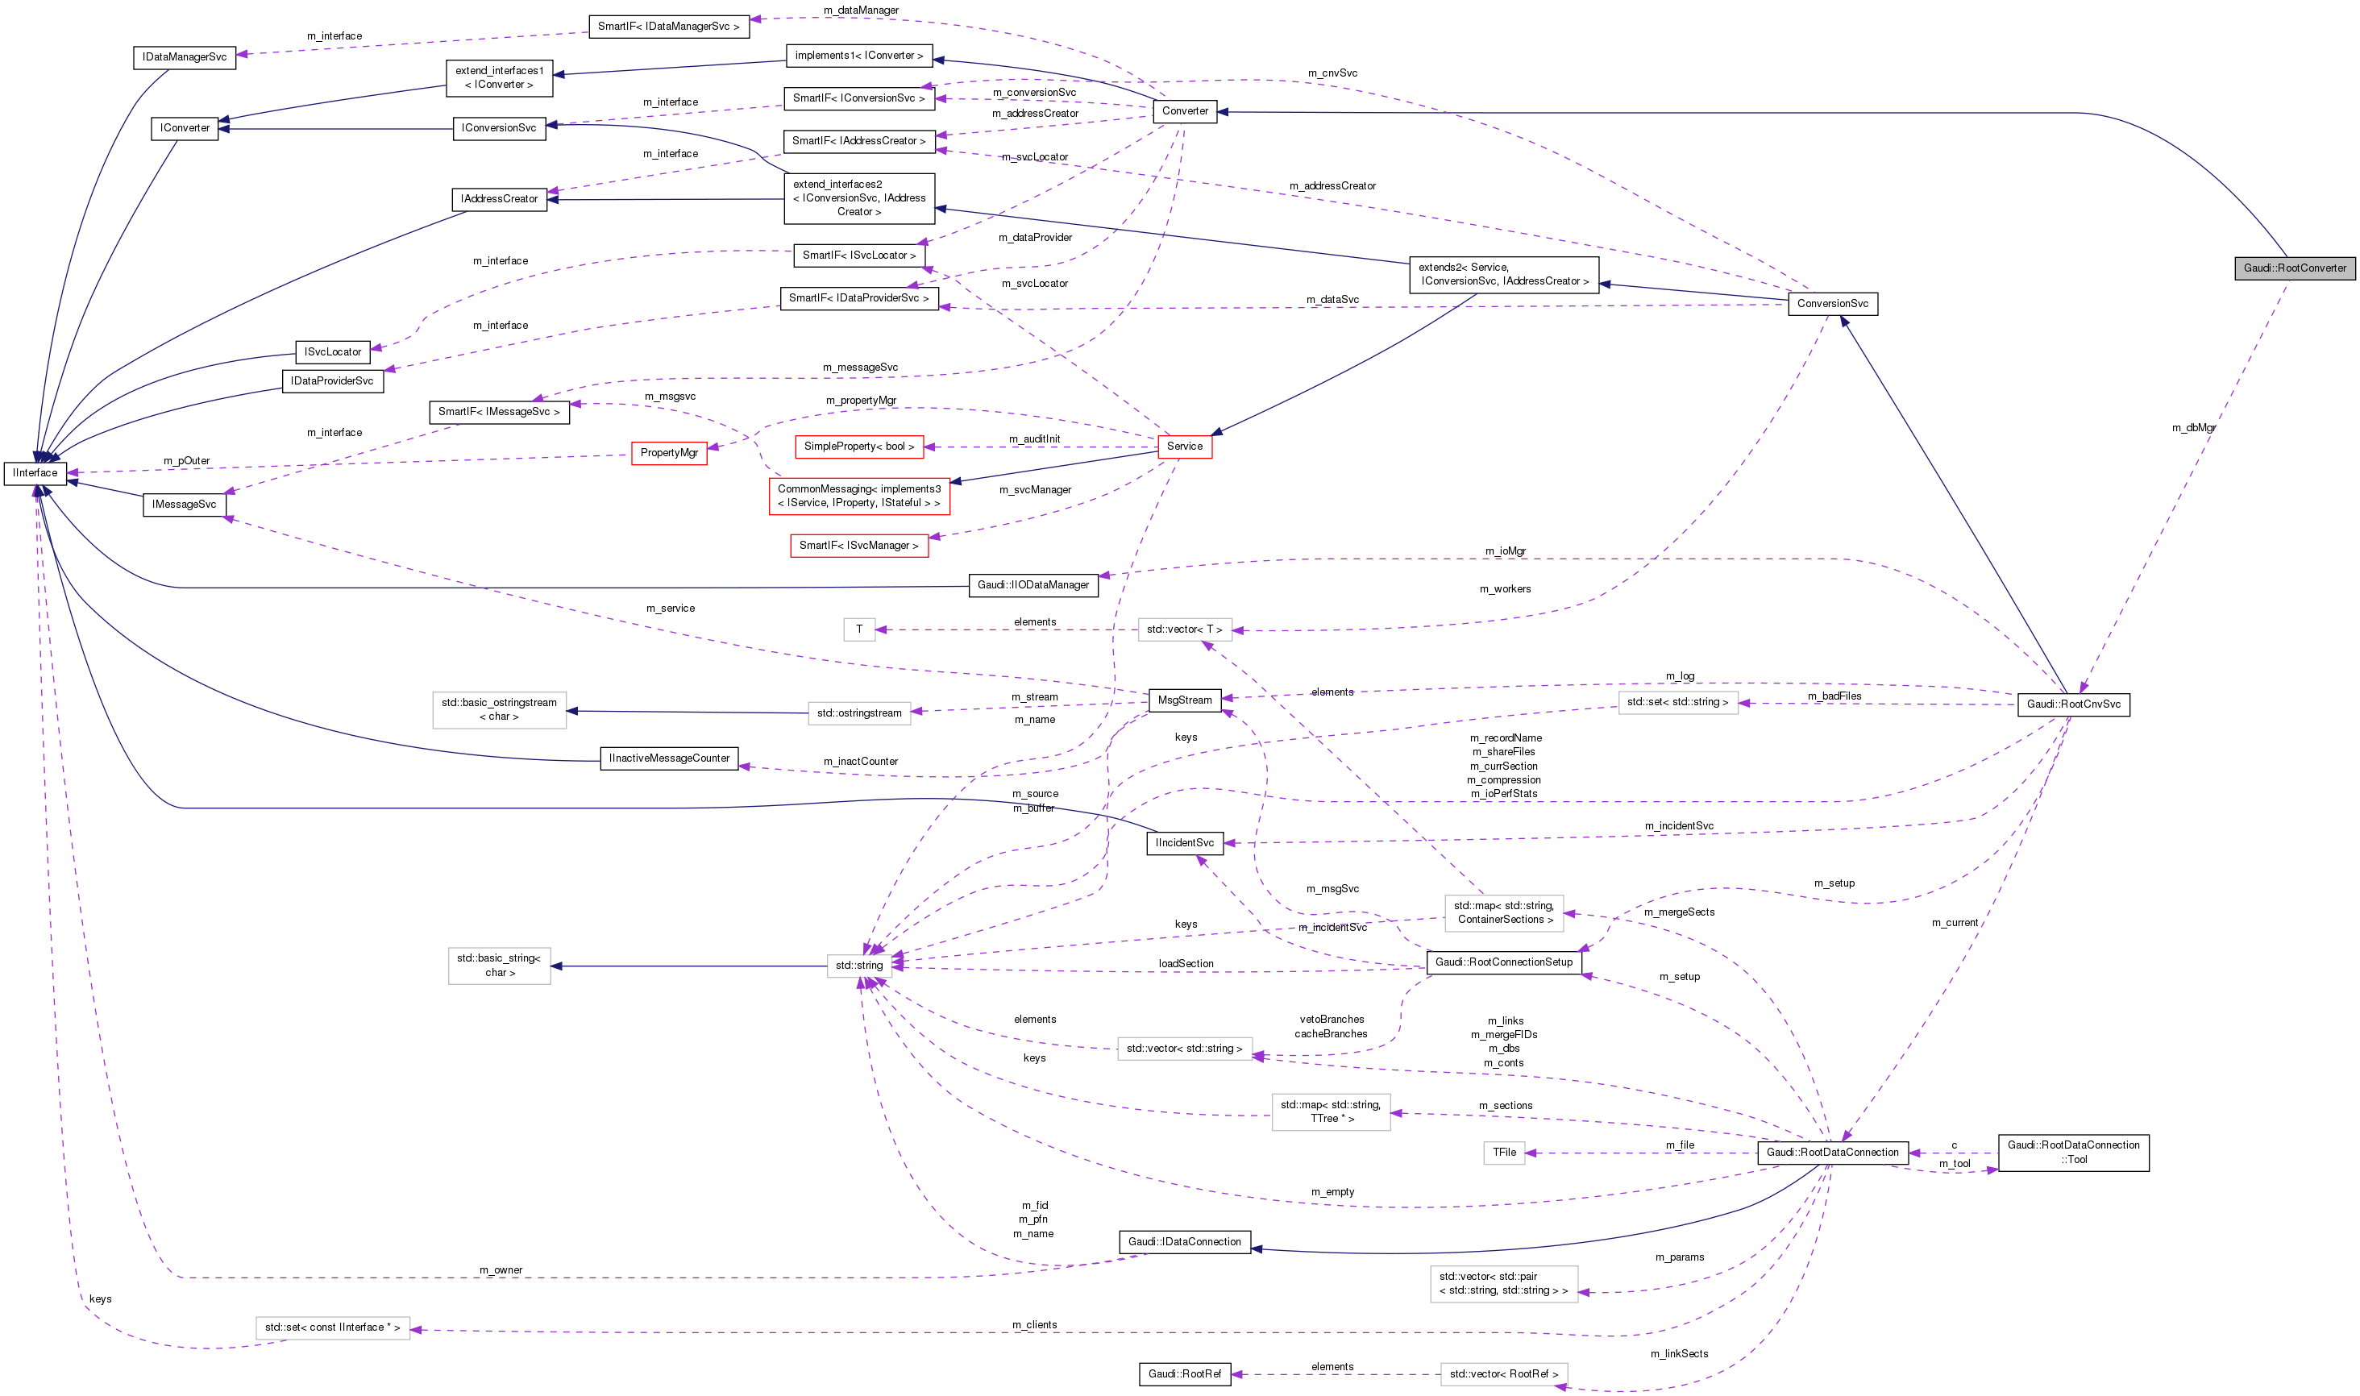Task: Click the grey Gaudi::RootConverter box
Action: pos(2294,268)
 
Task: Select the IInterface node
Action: pos(35,473)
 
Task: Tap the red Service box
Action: pos(1184,447)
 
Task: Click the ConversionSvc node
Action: pos(1831,304)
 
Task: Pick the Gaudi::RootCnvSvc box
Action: pos(2072,704)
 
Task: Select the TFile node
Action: pos(1504,1153)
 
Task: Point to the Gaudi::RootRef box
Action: pos(1184,1374)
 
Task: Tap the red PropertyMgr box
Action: pos(669,454)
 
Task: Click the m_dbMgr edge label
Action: pos(2192,428)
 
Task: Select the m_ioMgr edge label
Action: pos(1505,551)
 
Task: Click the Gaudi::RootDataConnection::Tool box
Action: pos(2072,1153)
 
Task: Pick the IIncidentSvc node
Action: pos(1184,843)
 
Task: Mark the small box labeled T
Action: pos(858,629)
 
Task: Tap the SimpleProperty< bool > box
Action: pos(858,447)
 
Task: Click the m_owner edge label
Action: pos(501,1270)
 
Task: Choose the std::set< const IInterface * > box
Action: pos(332,1327)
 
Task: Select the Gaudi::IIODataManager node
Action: pos(1032,585)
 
